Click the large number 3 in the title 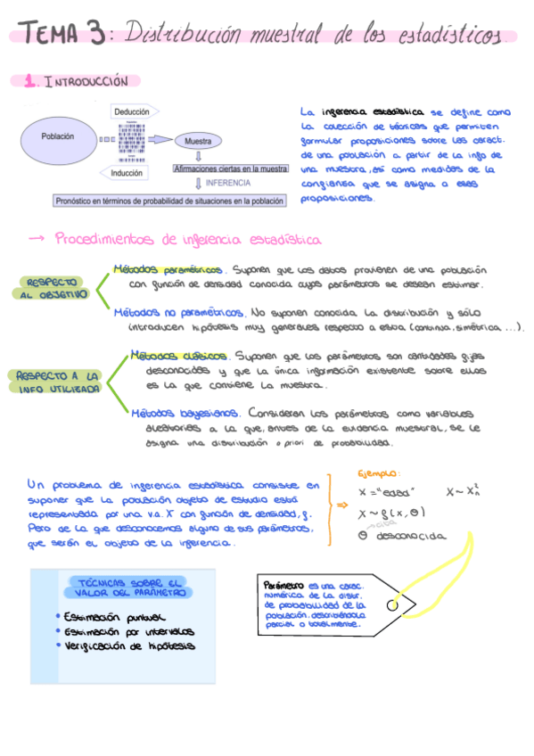pos(92,35)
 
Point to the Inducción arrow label pos(128,173)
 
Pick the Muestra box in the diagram pos(197,141)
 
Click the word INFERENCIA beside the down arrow pos(227,183)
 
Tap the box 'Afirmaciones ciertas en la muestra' pos(230,168)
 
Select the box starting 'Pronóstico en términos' pos(169,201)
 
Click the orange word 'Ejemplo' pos(378,473)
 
